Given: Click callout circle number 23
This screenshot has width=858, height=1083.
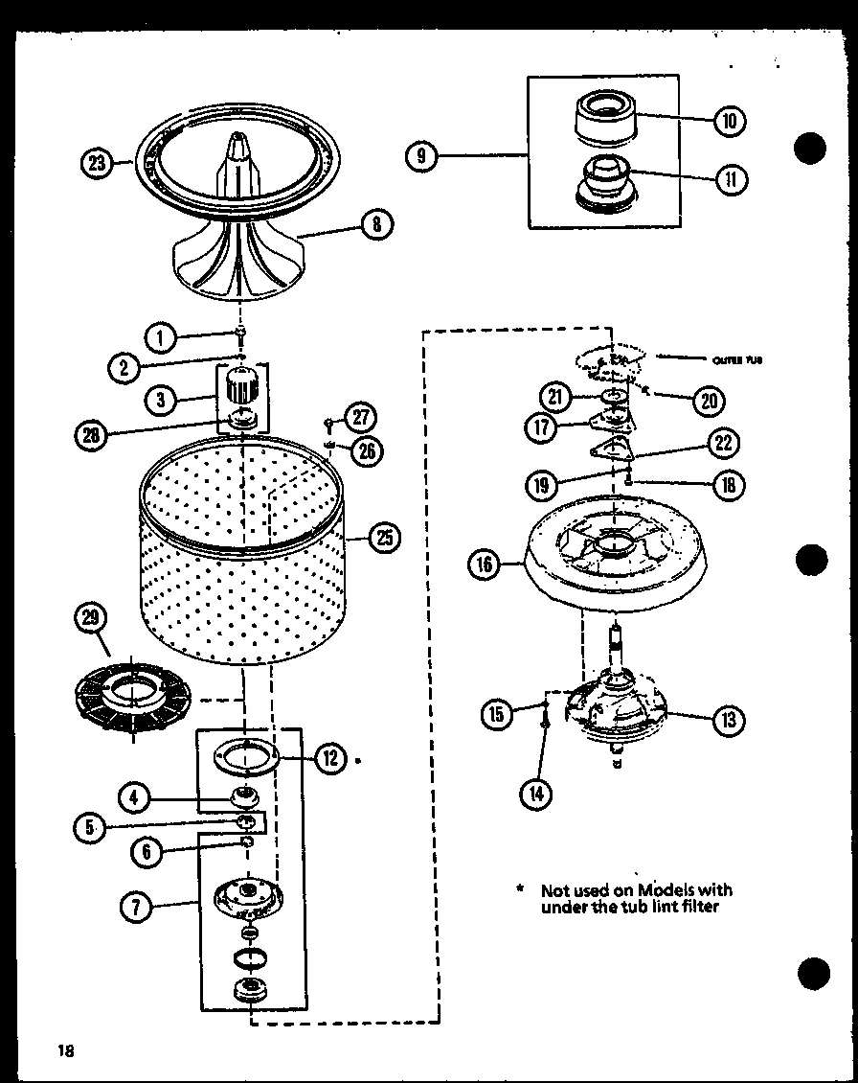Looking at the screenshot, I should tap(96, 162).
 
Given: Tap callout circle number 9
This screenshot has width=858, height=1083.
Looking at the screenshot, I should tap(421, 155).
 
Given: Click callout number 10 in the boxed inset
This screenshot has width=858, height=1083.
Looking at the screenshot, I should tap(730, 120).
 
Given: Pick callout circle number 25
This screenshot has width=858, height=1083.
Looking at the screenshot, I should tap(383, 538).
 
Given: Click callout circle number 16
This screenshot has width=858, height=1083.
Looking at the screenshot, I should tap(485, 565).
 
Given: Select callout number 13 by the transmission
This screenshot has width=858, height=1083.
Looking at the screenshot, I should tap(729, 719).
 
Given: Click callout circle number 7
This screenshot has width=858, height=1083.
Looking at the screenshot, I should tap(138, 905).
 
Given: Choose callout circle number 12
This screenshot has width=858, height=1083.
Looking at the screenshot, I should tap(330, 758).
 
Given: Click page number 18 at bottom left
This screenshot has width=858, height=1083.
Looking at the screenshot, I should tap(65, 1049).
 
